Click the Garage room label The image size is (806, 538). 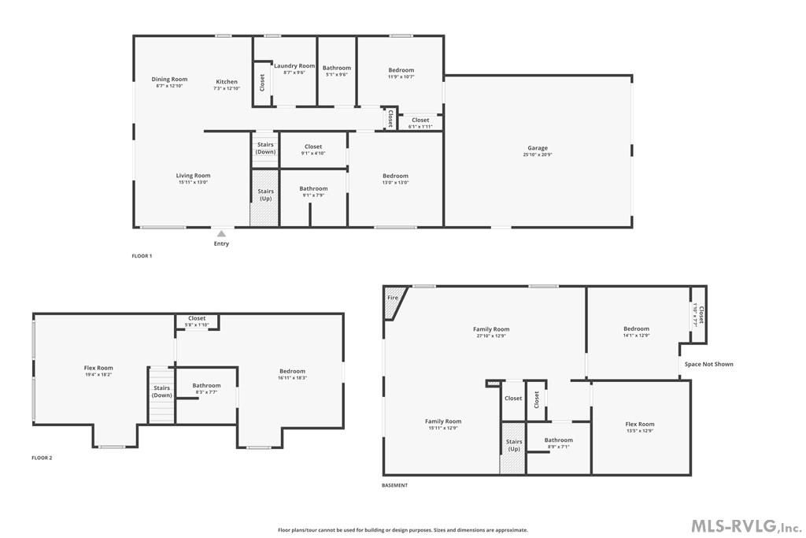538,148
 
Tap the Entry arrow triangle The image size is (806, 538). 221,233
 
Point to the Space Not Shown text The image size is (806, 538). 708,364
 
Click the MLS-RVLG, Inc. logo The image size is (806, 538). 745,525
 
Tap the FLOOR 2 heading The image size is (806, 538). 42,458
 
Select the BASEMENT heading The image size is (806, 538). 395,485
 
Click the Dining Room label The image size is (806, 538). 169,79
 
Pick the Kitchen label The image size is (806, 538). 227,82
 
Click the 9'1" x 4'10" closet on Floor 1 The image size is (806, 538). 313,150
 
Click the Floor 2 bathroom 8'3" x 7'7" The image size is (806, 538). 206,388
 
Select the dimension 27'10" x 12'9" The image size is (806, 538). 491,336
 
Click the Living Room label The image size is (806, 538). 193,176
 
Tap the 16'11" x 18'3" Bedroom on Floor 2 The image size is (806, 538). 292,374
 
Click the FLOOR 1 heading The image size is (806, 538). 142,256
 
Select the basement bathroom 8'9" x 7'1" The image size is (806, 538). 559,443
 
